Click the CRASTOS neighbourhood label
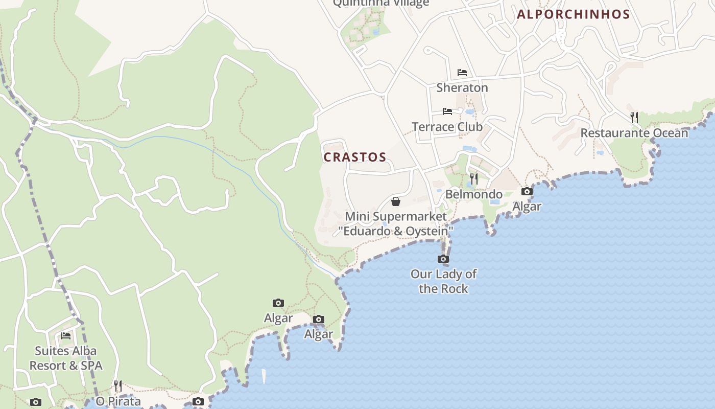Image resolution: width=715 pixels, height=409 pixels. point(355,157)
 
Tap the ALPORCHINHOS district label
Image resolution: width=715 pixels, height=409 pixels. point(573,14)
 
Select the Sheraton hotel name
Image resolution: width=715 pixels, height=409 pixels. point(462,87)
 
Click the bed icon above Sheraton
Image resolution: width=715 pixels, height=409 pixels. point(462,73)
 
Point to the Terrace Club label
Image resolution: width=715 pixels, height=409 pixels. point(447,126)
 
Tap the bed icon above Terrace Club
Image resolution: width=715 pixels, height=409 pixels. point(447,111)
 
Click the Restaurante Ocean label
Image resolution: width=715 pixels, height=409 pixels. point(634,133)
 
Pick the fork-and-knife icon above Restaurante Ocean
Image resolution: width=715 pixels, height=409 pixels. point(634,118)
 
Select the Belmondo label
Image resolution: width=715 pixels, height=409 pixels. point(474,194)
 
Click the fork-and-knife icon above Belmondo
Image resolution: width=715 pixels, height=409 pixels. point(474,179)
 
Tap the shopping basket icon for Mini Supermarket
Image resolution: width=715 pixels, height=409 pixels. point(395,201)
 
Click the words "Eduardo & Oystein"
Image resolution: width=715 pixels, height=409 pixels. point(396,231)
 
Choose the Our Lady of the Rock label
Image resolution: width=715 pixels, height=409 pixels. point(443,281)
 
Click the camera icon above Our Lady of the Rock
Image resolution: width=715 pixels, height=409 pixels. point(443,259)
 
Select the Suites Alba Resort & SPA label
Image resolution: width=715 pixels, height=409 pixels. point(65,358)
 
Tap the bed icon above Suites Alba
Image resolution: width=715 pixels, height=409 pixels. point(66,336)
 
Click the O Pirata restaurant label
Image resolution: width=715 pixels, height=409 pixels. point(118,401)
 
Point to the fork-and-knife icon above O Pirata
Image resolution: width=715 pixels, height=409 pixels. point(118,385)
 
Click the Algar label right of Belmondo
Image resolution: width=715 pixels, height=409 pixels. point(527,207)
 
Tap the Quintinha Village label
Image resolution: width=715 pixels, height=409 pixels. point(381,3)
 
